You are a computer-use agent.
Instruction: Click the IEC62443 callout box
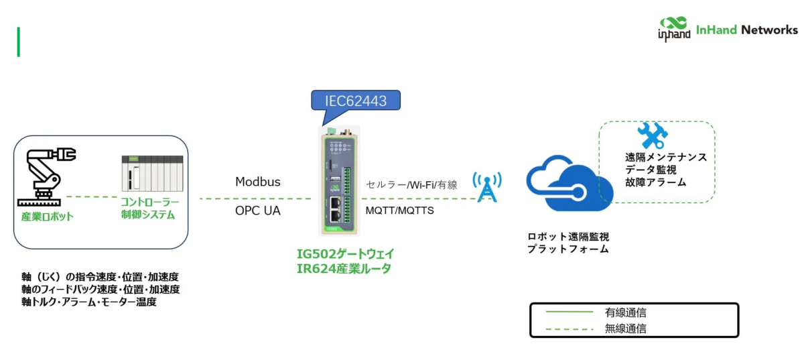(355, 101)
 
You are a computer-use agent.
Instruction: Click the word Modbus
(258, 182)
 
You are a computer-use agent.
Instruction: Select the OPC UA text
(258, 211)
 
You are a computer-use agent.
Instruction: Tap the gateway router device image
(340, 183)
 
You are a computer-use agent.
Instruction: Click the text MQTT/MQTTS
(399, 211)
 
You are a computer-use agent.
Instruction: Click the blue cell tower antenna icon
(486, 187)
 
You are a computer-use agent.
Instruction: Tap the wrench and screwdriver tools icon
(652, 135)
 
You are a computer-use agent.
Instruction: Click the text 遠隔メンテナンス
(665, 157)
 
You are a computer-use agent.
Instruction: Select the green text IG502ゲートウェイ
(345, 254)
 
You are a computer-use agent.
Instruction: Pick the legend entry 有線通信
(625, 312)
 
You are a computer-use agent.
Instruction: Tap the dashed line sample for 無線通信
(569, 328)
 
